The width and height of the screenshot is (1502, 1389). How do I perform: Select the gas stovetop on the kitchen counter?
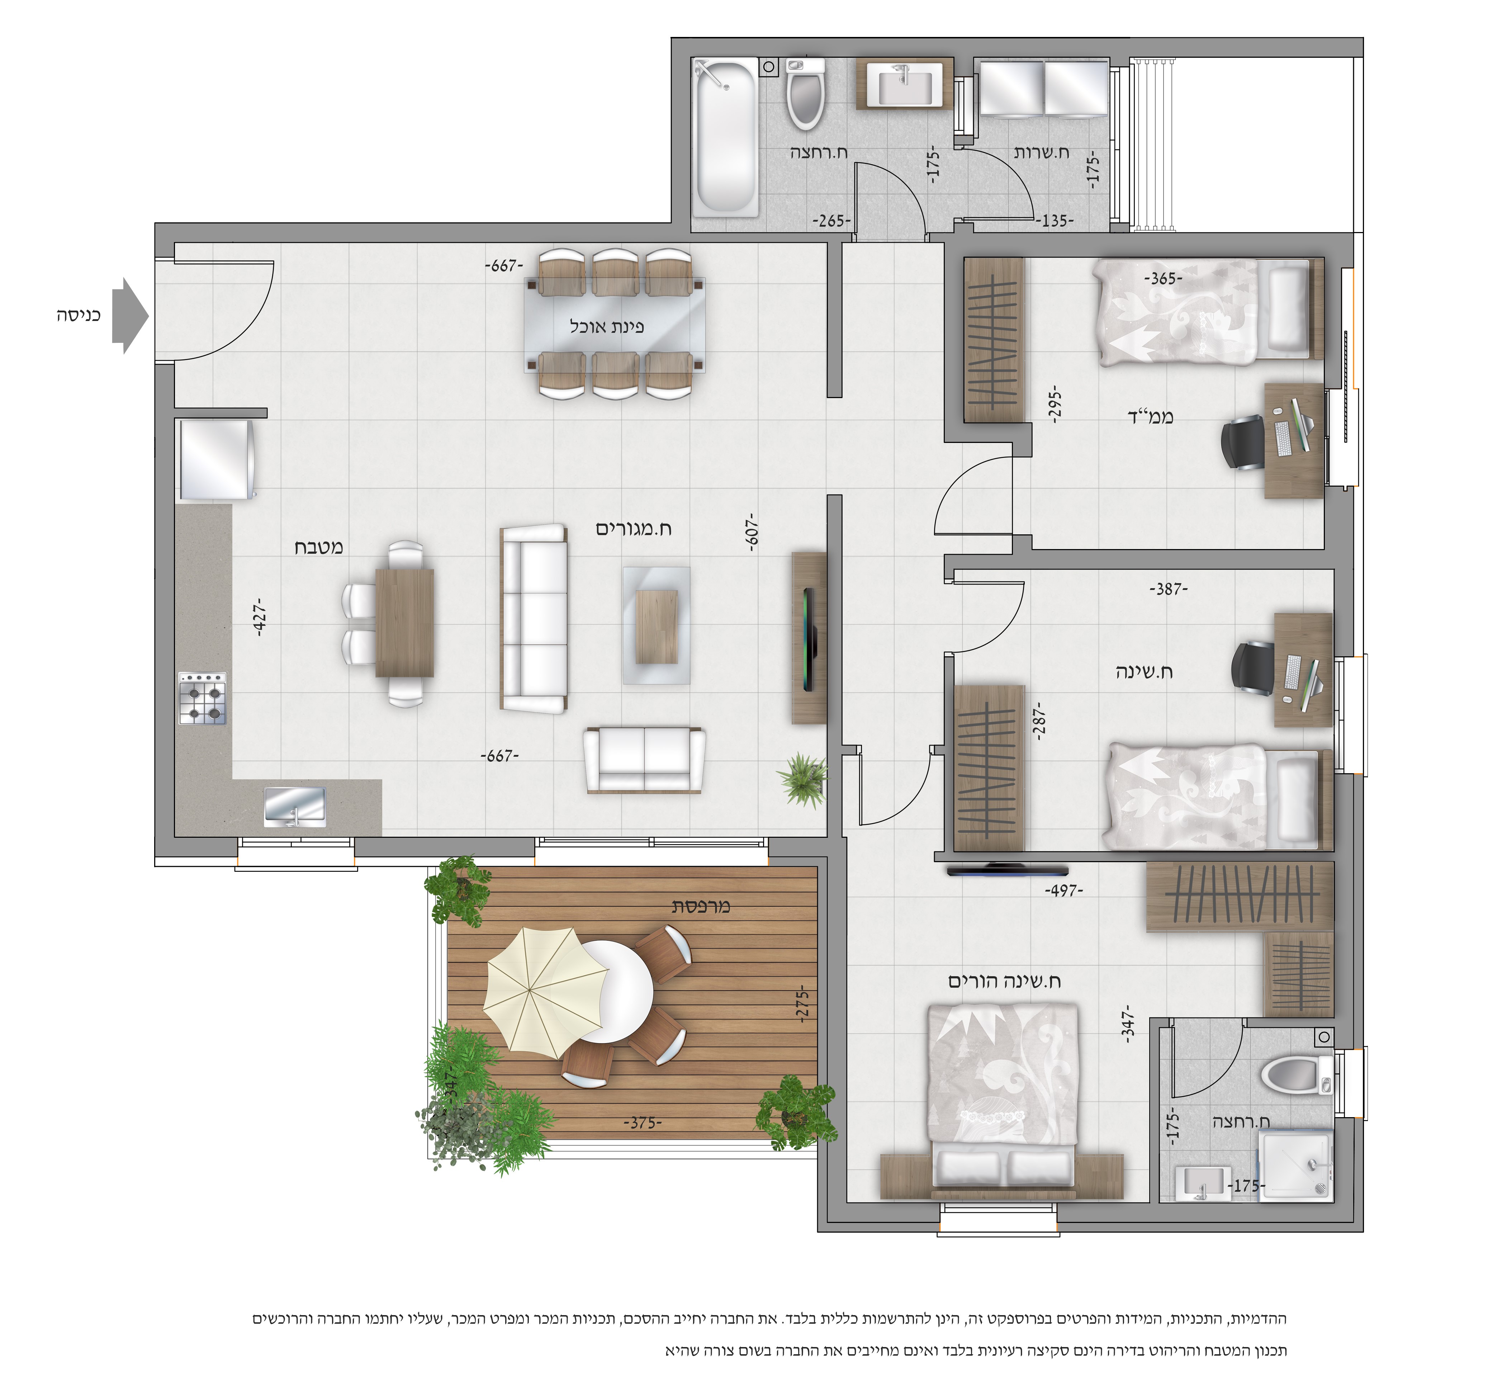coord(202,698)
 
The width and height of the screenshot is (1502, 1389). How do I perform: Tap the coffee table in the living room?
coord(656,625)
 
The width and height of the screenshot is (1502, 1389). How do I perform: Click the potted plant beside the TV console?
coord(803,779)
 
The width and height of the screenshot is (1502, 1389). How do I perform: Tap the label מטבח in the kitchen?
coord(319,547)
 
